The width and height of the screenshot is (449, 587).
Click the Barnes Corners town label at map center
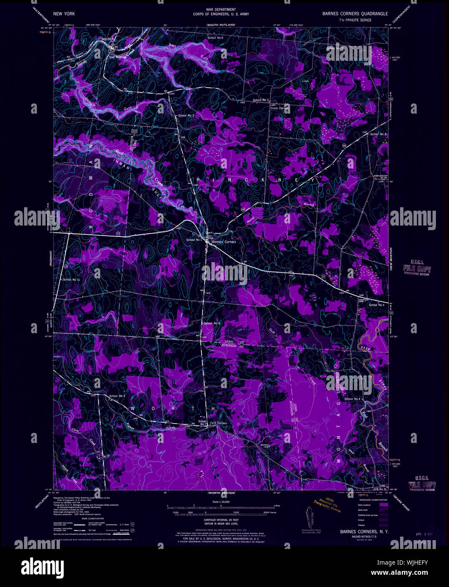pos(224,242)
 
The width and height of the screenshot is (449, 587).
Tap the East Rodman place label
pos(118,57)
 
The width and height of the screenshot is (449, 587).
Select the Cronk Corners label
pos(279,108)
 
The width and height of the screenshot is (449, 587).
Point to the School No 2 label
pos(186,115)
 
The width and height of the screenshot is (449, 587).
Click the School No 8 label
pos(378,134)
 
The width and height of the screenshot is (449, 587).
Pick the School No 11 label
pos(71,280)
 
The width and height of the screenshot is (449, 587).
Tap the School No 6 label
pos(212,323)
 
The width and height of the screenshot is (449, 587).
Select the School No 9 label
pos(376,305)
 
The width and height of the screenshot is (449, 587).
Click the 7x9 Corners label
pos(218,423)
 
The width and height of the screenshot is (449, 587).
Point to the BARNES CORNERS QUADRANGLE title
pos(355,14)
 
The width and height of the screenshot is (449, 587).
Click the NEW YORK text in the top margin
pos(64,14)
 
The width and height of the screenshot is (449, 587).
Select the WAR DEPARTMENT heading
pos(221,9)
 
